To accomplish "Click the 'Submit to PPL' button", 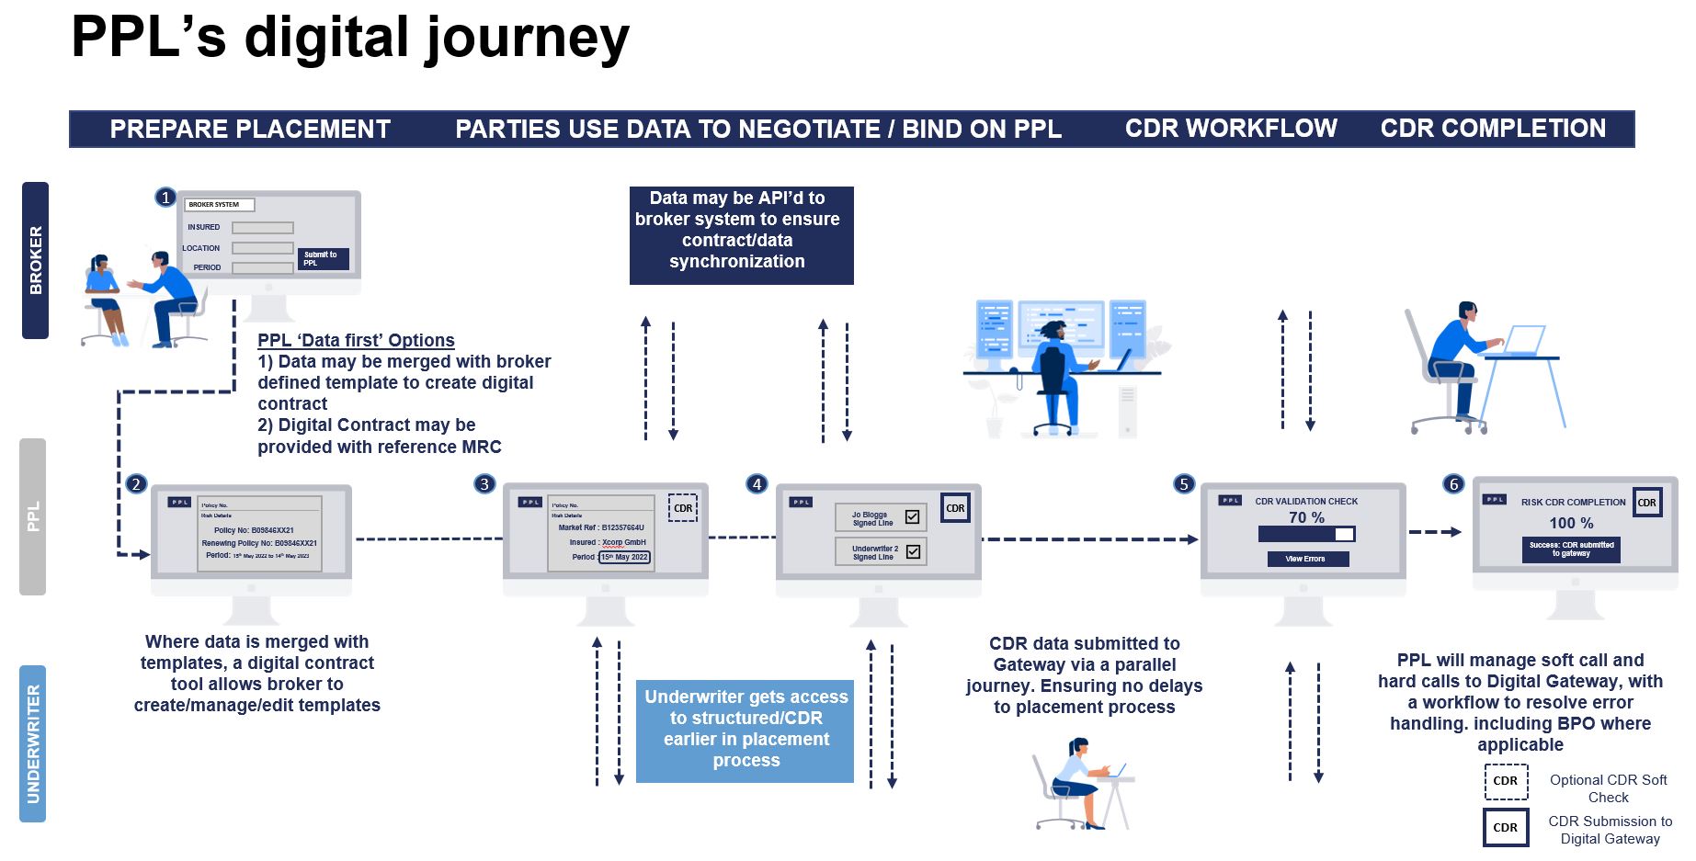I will click(323, 259).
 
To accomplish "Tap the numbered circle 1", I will click(165, 197).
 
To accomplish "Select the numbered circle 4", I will click(757, 483).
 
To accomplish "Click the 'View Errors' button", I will click(1305, 559).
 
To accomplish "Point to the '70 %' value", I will click(1306, 517).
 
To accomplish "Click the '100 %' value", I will click(1571, 523).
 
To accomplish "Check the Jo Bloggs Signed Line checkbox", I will click(912, 517).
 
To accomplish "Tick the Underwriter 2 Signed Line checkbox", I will click(913, 552).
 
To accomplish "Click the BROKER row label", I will click(35, 260).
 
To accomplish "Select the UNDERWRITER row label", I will click(33, 743).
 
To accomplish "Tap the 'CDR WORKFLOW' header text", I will click(1231, 129).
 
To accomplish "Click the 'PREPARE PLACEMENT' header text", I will click(250, 130).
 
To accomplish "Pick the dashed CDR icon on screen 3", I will click(683, 508).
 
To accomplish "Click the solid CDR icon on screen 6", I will click(1646, 503).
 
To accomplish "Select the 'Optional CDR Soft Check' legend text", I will click(1608, 788).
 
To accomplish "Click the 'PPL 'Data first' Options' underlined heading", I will click(356, 340).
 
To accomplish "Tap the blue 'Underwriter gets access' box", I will click(746, 730).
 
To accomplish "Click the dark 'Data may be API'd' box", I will click(741, 235).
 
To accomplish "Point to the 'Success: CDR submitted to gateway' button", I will click(1571, 549).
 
